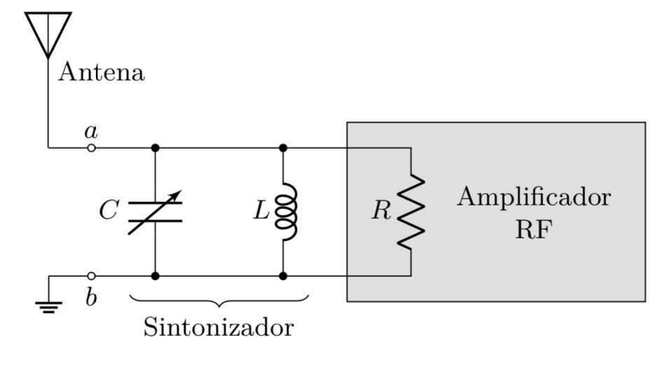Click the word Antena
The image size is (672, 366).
[x=101, y=72]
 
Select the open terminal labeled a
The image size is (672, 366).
[x=91, y=148]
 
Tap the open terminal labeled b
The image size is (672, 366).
[x=91, y=276]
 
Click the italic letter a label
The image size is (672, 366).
[x=90, y=130]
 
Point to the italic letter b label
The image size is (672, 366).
[x=91, y=297]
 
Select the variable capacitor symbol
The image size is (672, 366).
[x=155, y=212]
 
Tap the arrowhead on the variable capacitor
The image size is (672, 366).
[x=176, y=194]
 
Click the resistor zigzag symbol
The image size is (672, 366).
[x=411, y=211]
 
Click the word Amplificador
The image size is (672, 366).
[x=533, y=198]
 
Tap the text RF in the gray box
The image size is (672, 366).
[x=533, y=229]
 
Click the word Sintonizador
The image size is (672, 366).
[x=218, y=327]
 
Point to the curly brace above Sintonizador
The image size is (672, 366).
[x=219, y=301]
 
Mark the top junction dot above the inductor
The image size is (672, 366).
[x=283, y=148]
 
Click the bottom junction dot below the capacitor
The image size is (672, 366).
[x=155, y=276]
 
